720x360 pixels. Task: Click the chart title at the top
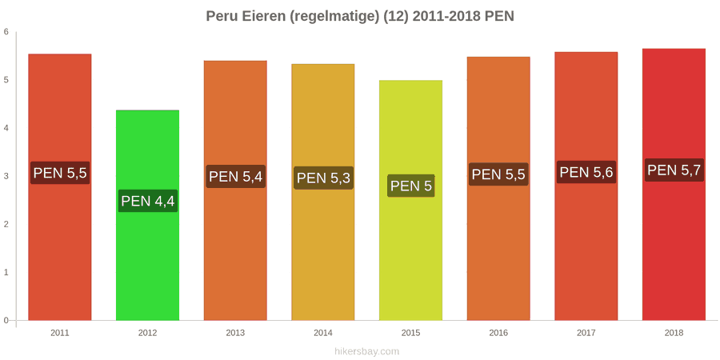pos(360,17)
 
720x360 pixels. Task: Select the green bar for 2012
pos(147,215)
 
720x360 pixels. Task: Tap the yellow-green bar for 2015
pos(410,200)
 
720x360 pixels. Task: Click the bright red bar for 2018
pos(674,184)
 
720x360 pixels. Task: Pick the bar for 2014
pos(323,192)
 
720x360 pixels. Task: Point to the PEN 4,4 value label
pos(148,201)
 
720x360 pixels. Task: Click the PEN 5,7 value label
pos(674,170)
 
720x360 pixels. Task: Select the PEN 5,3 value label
pos(323,178)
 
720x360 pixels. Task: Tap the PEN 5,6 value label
pos(586,172)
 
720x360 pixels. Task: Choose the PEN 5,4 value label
pos(235,176)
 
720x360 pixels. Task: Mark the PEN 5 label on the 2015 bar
pos(411,186)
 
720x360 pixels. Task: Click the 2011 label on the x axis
pos(60,333)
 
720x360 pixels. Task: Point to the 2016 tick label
pos(498,333)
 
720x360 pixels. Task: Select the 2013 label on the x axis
pos(235,333)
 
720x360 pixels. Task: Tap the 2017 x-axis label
pos(586,333)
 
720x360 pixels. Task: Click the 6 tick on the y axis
pos(6,32)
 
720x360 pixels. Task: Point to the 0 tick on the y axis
pos(6,320)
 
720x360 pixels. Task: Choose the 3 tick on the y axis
pos(6,176)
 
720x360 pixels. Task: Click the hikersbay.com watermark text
pos(360,352)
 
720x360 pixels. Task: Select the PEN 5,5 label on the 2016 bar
pos(498,174)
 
